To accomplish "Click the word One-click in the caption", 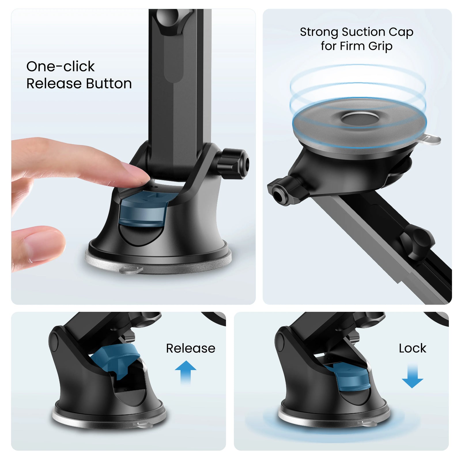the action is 60,66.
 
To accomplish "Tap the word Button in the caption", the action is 109,84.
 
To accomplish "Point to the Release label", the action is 190,348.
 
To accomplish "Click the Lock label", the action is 412,348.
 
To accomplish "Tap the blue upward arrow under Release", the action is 186,372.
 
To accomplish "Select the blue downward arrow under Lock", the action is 413,376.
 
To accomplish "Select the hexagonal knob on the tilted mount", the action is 285,190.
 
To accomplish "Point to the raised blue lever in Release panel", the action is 115,360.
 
